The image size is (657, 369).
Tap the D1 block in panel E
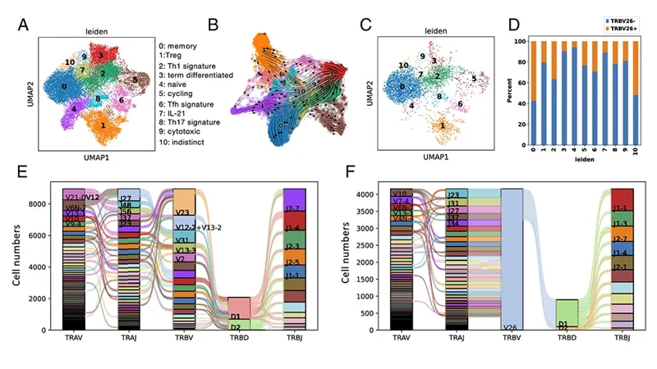pos(235,316)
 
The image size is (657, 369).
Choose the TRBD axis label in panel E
pos(238,337)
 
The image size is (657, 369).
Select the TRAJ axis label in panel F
pos(457,337)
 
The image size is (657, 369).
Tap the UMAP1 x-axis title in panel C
pos(424,155)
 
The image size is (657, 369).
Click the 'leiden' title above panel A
pos(98,32)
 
